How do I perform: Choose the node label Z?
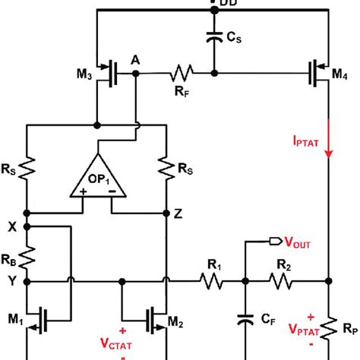click(177, 214)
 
